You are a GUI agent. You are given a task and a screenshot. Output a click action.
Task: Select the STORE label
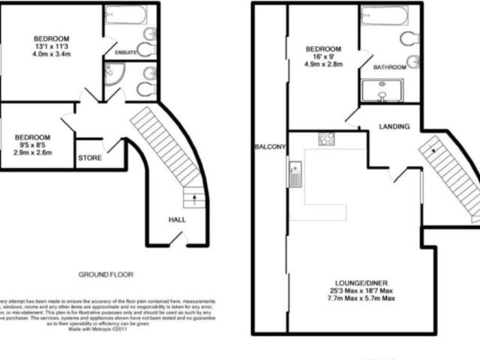point(89,158)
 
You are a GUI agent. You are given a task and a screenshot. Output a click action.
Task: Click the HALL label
point(177,220)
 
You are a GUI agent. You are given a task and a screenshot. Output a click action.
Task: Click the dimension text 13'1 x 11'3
point(51,47)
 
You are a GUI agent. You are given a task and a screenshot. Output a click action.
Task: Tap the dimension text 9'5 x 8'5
point(33,145)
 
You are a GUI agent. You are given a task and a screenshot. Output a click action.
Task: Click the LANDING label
point(394,127)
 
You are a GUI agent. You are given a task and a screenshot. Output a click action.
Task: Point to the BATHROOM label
point(391,67)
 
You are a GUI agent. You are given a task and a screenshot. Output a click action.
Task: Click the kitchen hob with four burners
point(327,139)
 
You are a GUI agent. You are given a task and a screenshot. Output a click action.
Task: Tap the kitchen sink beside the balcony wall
point(295,175)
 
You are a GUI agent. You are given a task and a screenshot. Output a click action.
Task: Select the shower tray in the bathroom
point(383,91)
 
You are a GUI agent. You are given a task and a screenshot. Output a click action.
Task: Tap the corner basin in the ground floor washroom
point(115,74)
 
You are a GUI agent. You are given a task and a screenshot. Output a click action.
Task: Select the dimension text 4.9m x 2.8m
point(324,64)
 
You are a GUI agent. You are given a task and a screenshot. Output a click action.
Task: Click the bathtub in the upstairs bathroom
point(383,16)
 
